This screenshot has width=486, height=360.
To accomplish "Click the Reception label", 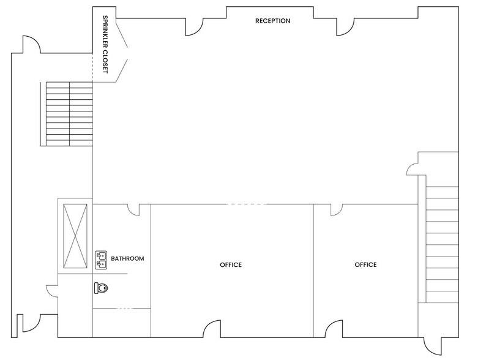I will click(273, 21).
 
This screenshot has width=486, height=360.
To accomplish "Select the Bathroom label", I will click(127, 258).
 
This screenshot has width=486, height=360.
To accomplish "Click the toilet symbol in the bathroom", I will click(102, 286).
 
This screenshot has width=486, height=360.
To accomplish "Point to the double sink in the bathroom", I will click(102, 260).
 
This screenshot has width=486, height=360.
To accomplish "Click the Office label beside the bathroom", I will click(231, 265).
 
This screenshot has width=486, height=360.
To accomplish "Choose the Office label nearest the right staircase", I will click(365, 265).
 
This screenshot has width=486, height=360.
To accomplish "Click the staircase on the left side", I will click(67, 113).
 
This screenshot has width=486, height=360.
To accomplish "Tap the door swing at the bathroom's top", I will click(133, 210).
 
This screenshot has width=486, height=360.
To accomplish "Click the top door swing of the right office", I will click(335, 210).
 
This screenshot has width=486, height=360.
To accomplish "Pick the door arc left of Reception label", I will click(195, 26).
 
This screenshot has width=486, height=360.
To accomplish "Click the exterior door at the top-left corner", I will click(32, 45).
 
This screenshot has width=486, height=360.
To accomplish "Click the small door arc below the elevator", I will click(51, 291).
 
